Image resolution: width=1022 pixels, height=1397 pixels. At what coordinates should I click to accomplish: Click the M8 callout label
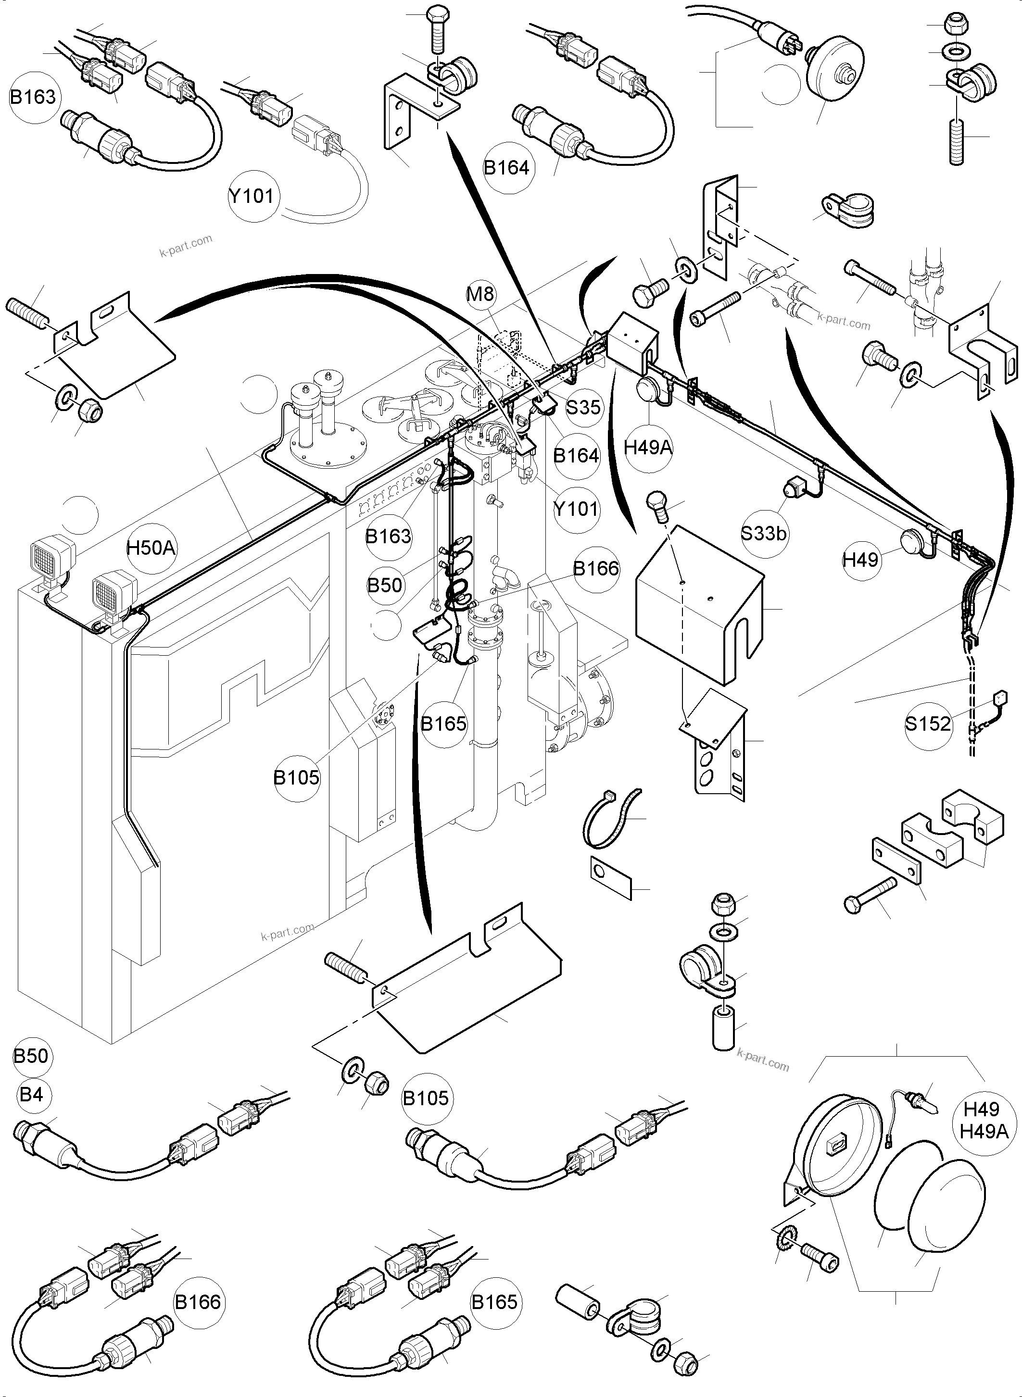tap(480, 294)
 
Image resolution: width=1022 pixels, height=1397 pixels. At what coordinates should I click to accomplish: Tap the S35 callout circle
tap(583, 407)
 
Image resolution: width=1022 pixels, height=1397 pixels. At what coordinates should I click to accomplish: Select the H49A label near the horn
tap(648, 447)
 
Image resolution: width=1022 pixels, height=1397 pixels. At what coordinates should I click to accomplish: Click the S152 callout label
tap(927, 723)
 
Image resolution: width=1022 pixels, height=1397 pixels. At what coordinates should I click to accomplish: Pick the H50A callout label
tap(151, 548)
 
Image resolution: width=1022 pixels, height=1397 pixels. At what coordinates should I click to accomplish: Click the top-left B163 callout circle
tap(33, 97)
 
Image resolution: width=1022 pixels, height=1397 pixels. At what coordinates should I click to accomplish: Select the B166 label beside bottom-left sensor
tap(197, 1302)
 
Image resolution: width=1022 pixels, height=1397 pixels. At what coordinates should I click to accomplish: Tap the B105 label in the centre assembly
tap(296, 777)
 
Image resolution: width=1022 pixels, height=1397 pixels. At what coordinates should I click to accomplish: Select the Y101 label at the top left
tap(251, 196)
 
